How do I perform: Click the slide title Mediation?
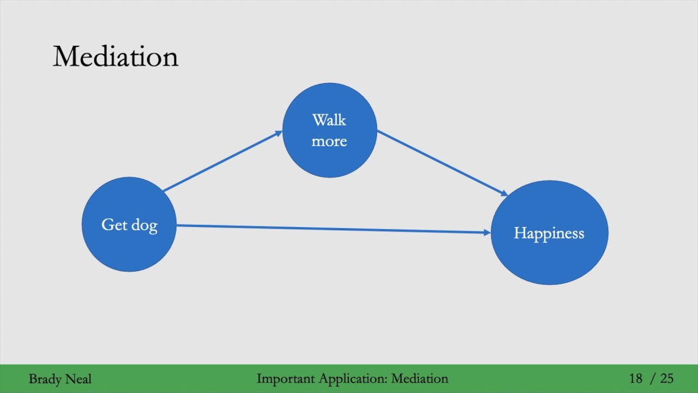(x=115, y=57)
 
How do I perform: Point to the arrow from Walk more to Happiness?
(x=442, y=163)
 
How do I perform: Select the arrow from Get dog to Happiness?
(x=333, y=229)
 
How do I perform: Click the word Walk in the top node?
(x=329, y=120)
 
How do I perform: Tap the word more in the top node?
(x=329, y=141)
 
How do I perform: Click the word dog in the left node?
(x=145, y=225)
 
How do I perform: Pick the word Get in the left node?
(x=114, y=225)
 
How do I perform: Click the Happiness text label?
(x=549, y=234)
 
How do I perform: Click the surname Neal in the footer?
(x=80, y=379)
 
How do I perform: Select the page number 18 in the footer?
(x=635, y=378)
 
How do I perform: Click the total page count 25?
(x=666, y=378)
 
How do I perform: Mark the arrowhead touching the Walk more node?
(x=278, y=133)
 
